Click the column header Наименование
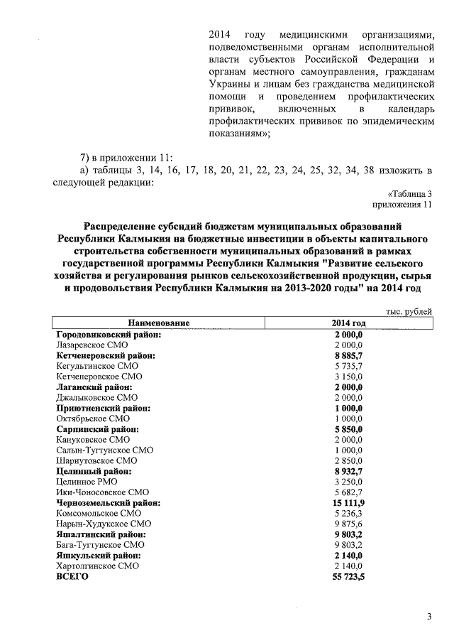tap(159, 323)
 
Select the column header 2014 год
tap(348, 323)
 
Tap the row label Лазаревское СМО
tap(92, 344)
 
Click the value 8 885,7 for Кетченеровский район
tap(348, 355)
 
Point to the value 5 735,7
tap(348, 365)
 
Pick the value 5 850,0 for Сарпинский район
tap(348, 429)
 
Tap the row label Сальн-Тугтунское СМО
tap(104, 450)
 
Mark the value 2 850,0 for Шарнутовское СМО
tap(348, 460)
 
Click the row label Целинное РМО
tap(87, 482)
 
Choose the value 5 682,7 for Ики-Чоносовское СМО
tap(348, 492)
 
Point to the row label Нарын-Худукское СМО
tap(102, 524)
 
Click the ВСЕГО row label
tap(72, 577)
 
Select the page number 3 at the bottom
tap(428, 616)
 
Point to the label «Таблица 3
tap(409, 194)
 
